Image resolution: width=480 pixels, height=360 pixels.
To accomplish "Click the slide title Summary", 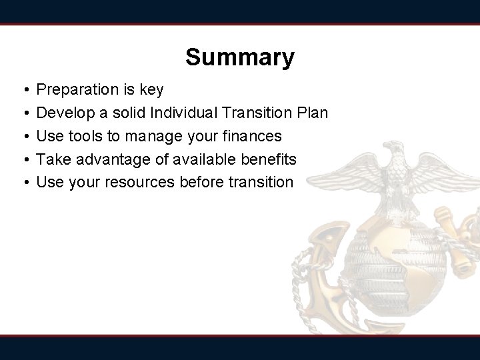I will click(239, 58).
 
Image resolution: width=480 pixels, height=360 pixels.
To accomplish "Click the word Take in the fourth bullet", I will click(51, 159).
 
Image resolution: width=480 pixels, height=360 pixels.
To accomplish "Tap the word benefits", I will click(270, 159).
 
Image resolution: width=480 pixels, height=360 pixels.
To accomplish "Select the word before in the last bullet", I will click(205, 182).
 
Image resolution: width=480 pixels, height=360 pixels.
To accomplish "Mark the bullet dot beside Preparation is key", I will click(23, 90).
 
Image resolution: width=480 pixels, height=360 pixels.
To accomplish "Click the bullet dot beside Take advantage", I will click(23, 159).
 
